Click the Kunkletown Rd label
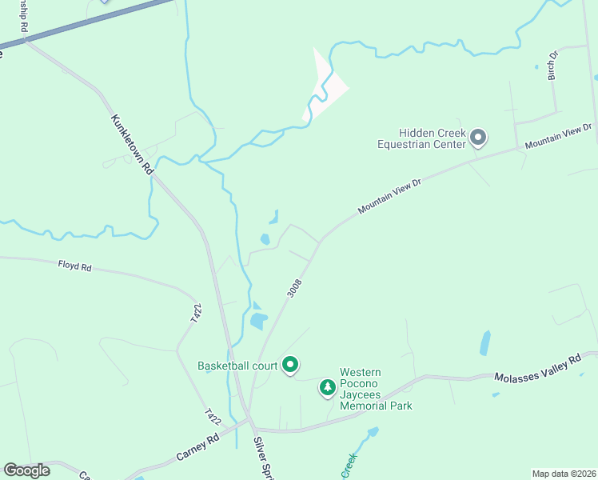pyautogui.click(x=131, y=145)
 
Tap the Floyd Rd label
pyautogui.click(x=75, y=266)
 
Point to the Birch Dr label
pyautogui.click(x=552, y=66)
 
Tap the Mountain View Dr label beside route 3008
pyautogui.click(x=389, y=196)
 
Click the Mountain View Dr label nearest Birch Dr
pyautogui.click(x=559, y=136)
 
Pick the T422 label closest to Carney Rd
pyautogui.click(x=213, y=416)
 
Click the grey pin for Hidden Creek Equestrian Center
pyautogui.click(x=478, y=138)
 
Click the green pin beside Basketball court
pyautogui.click(x=290, y=366)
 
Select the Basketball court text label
pyautogui.click(x=237, y=366)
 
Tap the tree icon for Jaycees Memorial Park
pyautogui.click(x=327, y=388)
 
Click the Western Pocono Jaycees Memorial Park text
pyautogui.click(x=376, y=389)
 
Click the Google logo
pyautogui.click(x=27, y=470)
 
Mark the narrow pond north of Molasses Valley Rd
pyautogui.click(x=484, y=342)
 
